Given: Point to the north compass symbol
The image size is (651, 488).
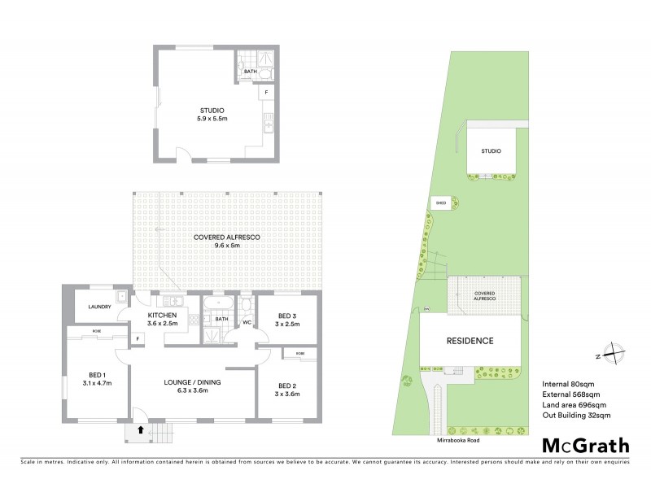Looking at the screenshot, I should point(615,355).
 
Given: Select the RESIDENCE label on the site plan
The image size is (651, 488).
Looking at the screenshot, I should point(469,340).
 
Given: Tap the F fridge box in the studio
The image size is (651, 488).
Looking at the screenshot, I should point(265,94).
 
